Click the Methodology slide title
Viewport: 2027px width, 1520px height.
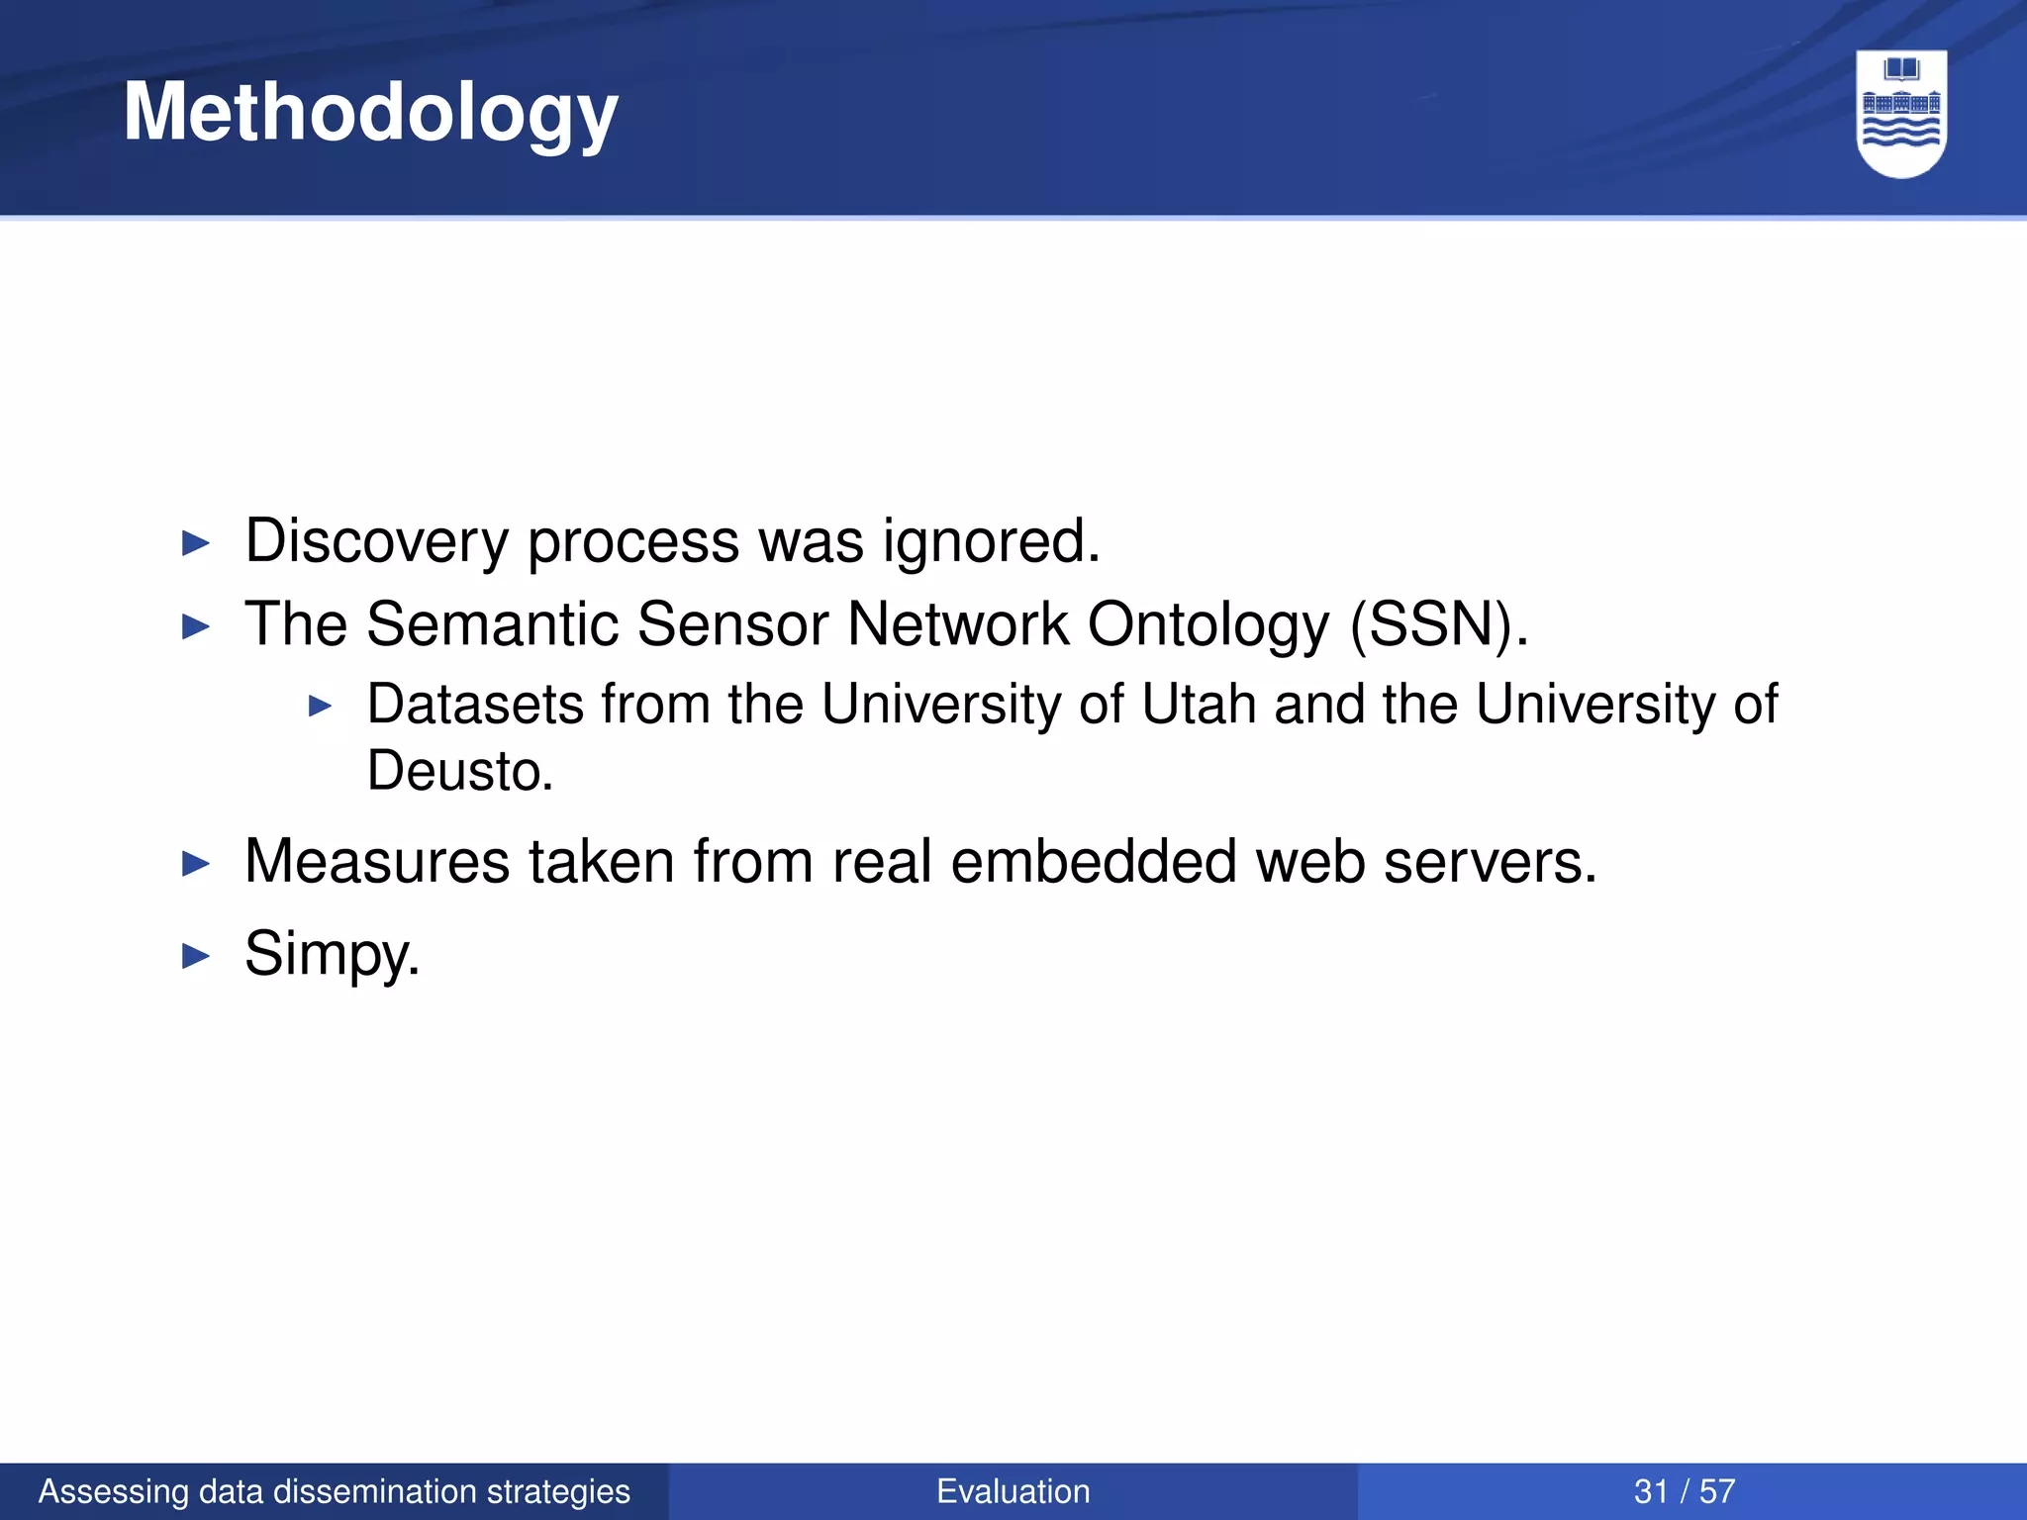coord(370,113)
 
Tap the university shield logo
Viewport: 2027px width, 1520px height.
coord(1901,113)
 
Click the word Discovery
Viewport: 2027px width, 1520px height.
coord(376,541)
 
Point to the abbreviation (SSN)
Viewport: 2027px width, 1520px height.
coord(1439,624)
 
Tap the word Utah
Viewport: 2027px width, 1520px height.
coord(1200,705)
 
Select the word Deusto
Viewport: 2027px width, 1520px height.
coord(459,771)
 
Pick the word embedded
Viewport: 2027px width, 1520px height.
coord(1094,861)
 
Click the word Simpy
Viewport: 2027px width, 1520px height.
coord(332,954)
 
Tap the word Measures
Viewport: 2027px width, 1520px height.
coord(376,861)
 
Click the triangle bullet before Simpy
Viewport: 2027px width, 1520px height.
coord(197,956)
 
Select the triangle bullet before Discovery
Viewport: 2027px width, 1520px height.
coord(197,543)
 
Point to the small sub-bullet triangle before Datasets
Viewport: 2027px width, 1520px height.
coord(320,707)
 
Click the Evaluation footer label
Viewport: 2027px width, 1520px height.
coord(1013,1491)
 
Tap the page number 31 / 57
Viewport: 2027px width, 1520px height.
coord(1685,1491)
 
